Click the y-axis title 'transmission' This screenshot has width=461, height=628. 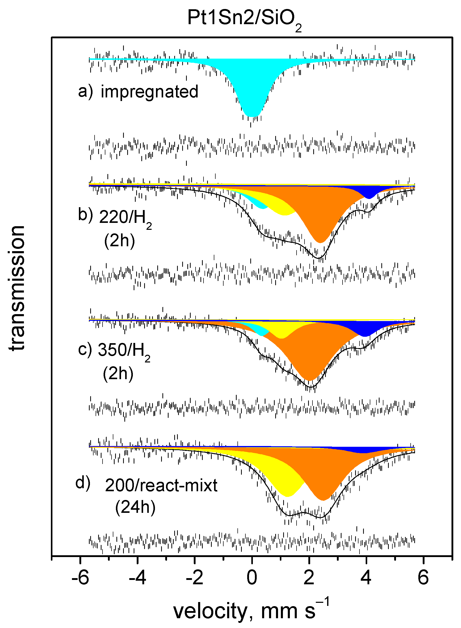click(17, 288)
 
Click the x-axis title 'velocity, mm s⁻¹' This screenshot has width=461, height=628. click(251, 611)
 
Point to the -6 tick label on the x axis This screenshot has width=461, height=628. click(80, 577)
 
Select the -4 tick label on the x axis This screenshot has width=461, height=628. click(137, 577)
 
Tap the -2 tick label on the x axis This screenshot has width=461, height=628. click(195, 577)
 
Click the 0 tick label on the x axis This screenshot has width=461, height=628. click(252, 577)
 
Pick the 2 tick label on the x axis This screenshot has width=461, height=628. click(309, 577)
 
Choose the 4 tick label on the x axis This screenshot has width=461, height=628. click(366, 577)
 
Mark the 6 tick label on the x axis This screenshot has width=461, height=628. click(423, 577)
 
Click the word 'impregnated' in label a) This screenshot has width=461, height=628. click(150, 92)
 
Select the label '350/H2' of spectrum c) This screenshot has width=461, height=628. click(124, 350)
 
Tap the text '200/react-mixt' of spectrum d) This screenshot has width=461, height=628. click(161, 486)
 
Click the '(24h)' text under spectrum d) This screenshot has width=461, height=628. click(135, 507)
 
